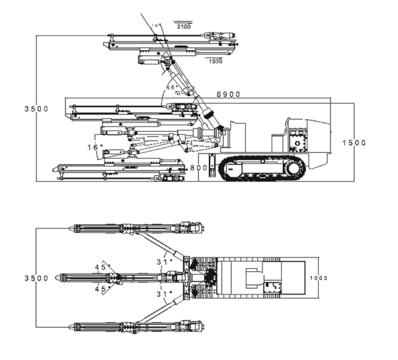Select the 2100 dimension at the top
[183, 26]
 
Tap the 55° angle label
[171, 87]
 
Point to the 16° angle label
[96, 146]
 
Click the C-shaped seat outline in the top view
[253, 278]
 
